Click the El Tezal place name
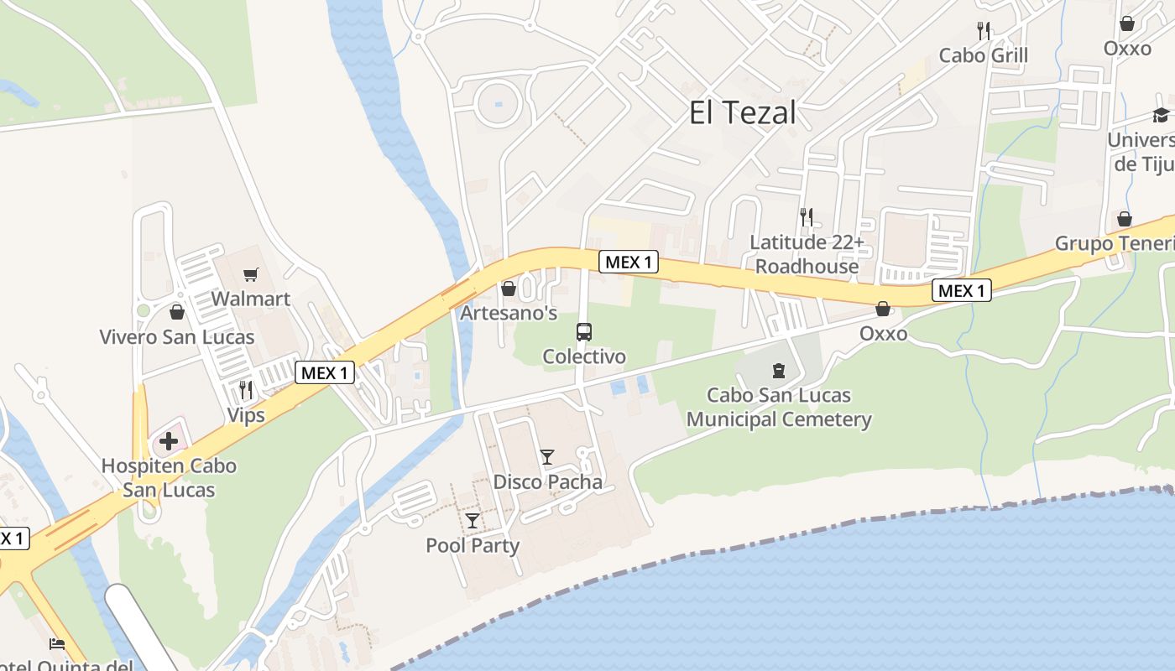click(x=742, y=112)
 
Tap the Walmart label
click(x=250, y=299)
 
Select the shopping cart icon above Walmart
click(x=250, y=274)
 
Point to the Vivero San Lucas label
click(x=176, y=337)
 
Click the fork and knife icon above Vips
click(x=246, y=390)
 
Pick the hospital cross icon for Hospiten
click(x=169, y=441)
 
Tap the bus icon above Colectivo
click(x=584, y=331)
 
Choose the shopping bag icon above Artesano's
click(x=509, y=289)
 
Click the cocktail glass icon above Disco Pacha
click(x=547, y=457)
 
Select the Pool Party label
click(x=473, y=545)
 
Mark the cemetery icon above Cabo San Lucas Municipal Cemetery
click(x=779, y=370)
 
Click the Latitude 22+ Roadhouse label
click(x=806, y=254)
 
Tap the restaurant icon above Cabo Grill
click(x=984, y=31)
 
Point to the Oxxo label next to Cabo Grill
click(x=1127, y=48)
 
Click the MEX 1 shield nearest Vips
click(x=325, y=373)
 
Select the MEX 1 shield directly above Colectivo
click(x=629, y=262)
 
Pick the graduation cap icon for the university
click(x=1161, y=115)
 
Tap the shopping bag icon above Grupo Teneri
click(x=1125, y=219)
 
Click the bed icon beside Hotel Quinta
click(x=57, y=644)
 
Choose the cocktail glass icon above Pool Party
click(x=473, y=521)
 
